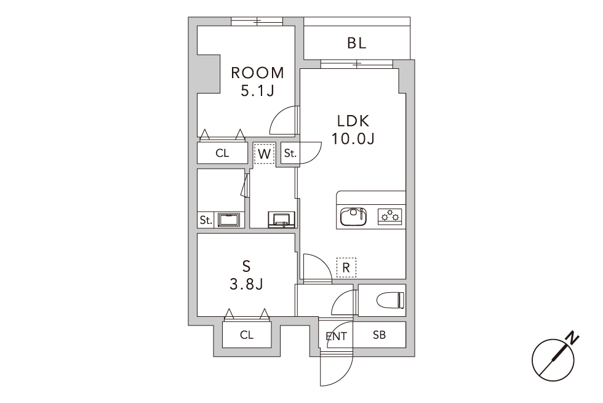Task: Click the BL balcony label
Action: coord(356,43)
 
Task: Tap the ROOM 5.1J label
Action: coord(257,81)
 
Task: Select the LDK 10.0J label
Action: coord(353,130)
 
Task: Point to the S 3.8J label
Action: coord(246,276)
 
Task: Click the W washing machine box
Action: coord(264,153)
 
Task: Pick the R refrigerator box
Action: coord(346,268)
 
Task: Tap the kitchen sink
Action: coord(353,217)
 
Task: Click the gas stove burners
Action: coord(390,217)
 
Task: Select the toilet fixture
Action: coord(390,300)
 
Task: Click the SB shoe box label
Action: coord(379,335)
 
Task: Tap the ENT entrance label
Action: coord(336,337)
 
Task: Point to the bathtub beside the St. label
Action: coord(229,220)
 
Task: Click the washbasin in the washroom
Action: coord(282,219)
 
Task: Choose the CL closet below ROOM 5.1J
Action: coord(222,153)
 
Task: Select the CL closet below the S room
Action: coord(247,335)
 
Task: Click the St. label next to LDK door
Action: coord(290,153)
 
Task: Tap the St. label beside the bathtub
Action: coord(206,220)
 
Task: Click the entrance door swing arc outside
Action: coord(345,377)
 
